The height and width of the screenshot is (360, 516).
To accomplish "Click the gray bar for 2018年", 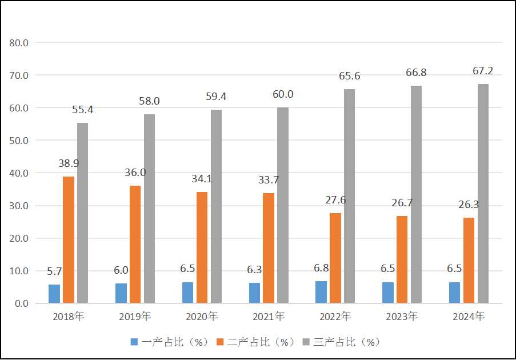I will pos(83,213).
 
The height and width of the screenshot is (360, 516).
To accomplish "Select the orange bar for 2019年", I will pos(135,244).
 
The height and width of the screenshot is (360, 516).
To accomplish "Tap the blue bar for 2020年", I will pos(187,293).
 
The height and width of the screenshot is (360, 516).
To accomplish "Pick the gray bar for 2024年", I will pos(483,193).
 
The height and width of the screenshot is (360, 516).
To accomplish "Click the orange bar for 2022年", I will pos(335,258).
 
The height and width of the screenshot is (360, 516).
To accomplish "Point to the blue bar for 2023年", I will pos(388,293).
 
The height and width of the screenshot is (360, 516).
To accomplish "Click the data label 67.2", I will pos(483,71).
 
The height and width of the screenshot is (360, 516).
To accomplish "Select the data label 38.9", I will pos(69,163).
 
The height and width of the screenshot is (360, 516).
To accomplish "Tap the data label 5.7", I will pos(54,271).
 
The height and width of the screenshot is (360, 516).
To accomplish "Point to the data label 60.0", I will pos(283,94).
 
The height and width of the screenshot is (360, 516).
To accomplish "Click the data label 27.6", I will pos(335,200).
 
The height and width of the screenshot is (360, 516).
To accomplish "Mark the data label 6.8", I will pos(321,267).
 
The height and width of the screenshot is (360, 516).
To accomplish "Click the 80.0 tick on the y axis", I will pos(19,42).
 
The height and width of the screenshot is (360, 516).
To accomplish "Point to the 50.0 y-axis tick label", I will pos(19,141).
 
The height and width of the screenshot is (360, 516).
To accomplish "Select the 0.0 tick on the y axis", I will pos(22,303).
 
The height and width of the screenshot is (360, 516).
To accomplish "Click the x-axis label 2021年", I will pos(269,316).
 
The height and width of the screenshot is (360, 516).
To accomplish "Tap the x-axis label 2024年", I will pos(469,316).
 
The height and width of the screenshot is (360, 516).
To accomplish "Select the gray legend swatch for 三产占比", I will pos(306,342).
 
